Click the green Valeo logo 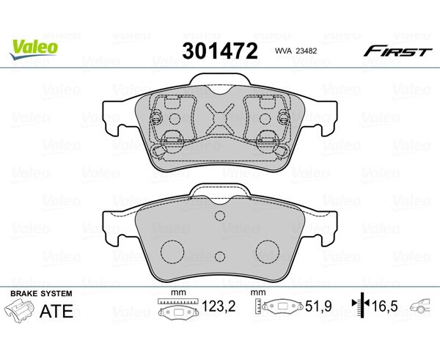click(x=34, y=49)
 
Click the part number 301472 click(x=220, y=51)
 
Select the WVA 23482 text click(x=296, y=51)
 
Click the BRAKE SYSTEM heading click(x=41, y=294)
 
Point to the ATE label click(x=56, y=311)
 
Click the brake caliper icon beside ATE click(x=20, y=310)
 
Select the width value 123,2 click(x=219, y=306)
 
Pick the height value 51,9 click(x=318, y=306)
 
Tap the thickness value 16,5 click(x=385, y=306)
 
